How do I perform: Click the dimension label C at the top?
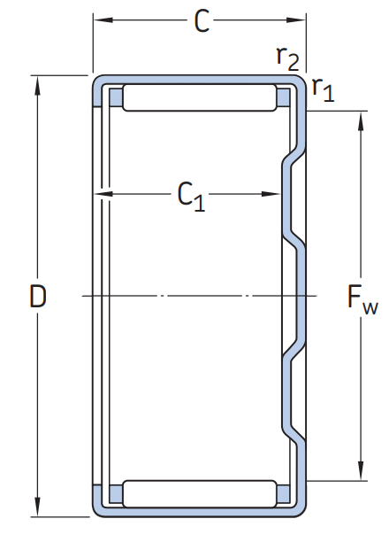click(202, 21)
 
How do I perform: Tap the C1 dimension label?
click(191, 197)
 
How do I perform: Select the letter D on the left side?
click(38, 296)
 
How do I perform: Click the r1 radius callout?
click(323, 89)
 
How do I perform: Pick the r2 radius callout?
click(287, 58)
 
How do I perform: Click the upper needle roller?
click(200, 97)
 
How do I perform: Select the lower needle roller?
click(200, 493)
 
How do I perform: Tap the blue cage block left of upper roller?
click(116, 97)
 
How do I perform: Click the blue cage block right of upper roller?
click(284, 97)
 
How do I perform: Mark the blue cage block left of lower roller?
click(116, 493)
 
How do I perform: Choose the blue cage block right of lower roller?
click(284, 493)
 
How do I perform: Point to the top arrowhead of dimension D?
click(38, 86)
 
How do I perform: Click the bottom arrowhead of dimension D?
click(38, 507)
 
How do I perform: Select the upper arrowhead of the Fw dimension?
click(361, 121)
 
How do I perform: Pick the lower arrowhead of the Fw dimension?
click(361, 470)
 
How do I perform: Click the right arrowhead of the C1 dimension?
click(271, 194)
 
